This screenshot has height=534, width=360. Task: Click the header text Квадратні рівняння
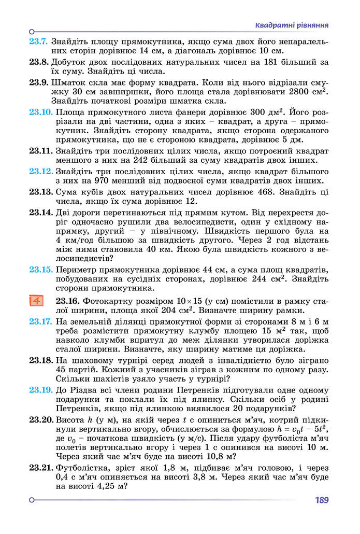pyautogui.click(x=293, y=25)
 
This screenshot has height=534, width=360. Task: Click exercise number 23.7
pyautogui.click(x=38, y=41)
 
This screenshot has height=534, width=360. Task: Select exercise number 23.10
pyautogui.click(x=40, y=112)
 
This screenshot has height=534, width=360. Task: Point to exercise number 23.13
pyautogui.click(x=40, y=192)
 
